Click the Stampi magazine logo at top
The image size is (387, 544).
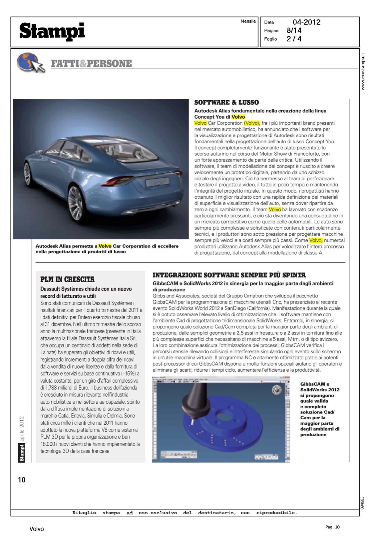[52, 31]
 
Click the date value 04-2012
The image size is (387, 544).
[306, 22]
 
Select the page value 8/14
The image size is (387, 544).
[294, 30]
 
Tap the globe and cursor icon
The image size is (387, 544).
[30, 63]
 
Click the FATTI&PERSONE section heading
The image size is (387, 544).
[91, 64]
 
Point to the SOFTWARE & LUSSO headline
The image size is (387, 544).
[226, 103]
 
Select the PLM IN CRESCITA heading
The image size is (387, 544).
[67, 279]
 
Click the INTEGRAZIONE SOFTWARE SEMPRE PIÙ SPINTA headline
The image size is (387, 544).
[229, 275]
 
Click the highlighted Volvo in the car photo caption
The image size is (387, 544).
[105, 246]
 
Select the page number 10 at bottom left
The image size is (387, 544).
[22, 480]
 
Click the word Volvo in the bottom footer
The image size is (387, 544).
[37, 529]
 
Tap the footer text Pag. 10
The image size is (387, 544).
[332, 527]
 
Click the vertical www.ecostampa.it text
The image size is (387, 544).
[363, 72]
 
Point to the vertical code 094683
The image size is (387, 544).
[362, 503]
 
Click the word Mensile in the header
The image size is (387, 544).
[248, 21]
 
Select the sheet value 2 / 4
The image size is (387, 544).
[294, 39]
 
